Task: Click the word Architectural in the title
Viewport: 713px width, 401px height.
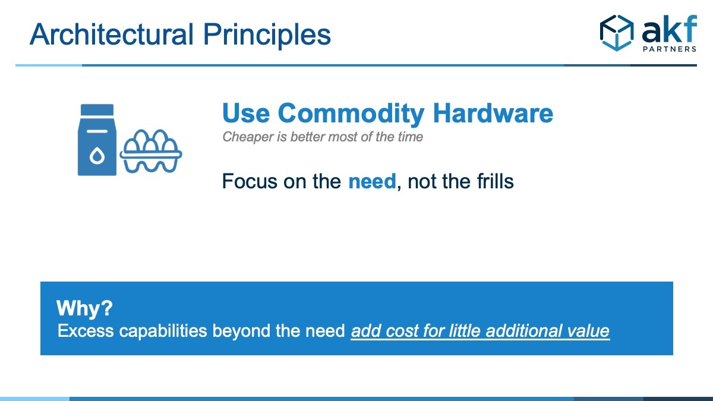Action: click(x=112, y=34)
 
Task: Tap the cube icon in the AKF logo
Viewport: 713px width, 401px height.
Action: click(x=617, y=33)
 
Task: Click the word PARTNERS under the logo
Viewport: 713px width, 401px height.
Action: click(x=670, y=49)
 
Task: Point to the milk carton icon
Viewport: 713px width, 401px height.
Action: click(x=97, y=140)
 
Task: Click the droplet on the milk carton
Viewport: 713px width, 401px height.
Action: click(x=97, y=156)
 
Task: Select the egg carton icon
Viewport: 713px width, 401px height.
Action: click(x=151, y=151)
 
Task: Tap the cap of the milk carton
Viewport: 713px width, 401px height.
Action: click(x=97, y=110)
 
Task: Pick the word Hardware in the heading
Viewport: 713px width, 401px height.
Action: click(x=493, y=113)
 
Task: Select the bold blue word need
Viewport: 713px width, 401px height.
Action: click(x=372, y=181)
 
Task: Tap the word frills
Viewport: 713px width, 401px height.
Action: click(x=496, y=181)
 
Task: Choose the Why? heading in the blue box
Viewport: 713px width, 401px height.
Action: click(x=84, y=309)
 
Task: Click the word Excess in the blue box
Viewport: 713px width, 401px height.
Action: click(x=86, y=331)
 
